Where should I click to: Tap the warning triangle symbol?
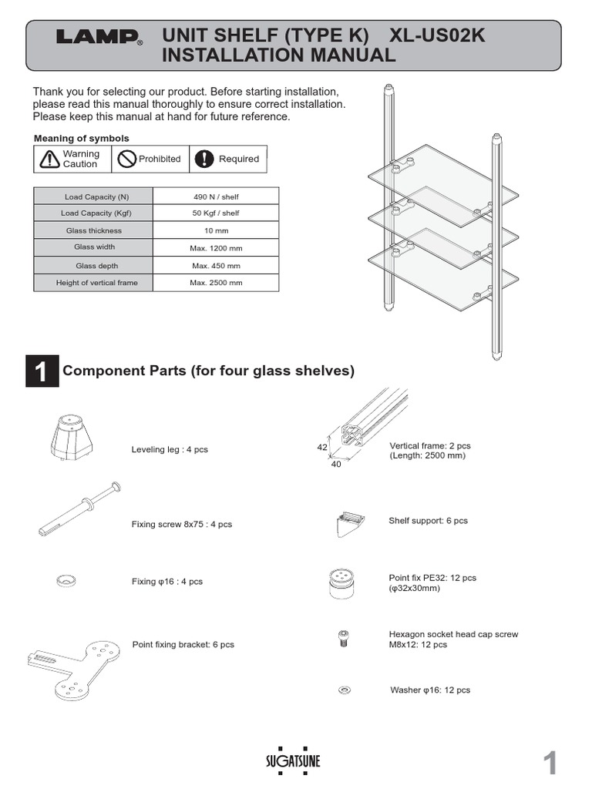tap(49, 159)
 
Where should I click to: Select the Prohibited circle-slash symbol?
tap(125, 159)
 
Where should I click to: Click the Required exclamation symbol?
tap(203, 159)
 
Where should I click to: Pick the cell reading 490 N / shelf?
tap(216, 197)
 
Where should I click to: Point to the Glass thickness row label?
tap(94, 230)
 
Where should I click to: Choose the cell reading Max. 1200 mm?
tap(216, 248)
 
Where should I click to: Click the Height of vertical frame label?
tap(97, 283)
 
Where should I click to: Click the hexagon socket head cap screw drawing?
tap(344, 638)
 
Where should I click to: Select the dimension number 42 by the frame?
tap(322, 446)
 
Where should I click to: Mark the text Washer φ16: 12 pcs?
tap(430, 690)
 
